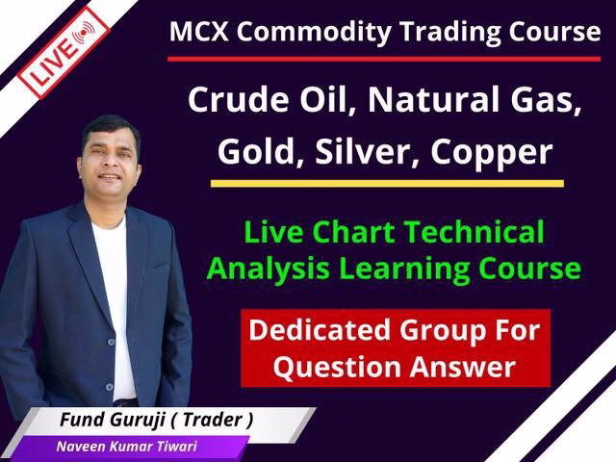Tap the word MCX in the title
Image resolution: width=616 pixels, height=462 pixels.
[x=198, y=31]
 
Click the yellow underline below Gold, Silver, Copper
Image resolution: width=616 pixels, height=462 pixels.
[x=385, y=182]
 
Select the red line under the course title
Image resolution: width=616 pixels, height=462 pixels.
[x=385, y=58]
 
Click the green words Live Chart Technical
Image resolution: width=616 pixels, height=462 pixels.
[x=394, y=232]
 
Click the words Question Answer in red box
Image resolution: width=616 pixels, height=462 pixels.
[x=396, y=366]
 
